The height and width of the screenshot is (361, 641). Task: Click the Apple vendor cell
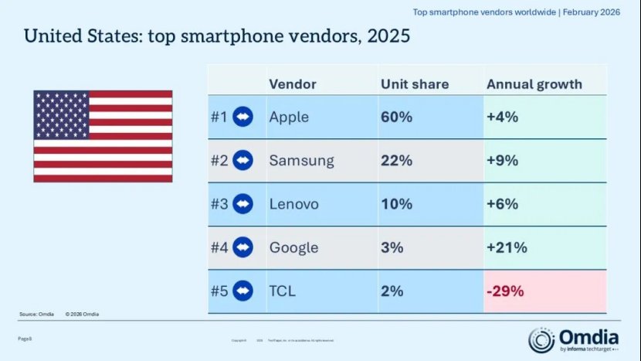tap(289, 117)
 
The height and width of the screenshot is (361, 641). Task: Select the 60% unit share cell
tap(395, 117)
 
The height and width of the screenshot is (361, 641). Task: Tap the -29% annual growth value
tap(506, 291)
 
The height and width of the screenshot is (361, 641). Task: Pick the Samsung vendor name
tap(301, 161)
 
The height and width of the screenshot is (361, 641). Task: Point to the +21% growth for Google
tap(507, 247)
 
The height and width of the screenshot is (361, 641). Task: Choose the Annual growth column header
tap(534, 83)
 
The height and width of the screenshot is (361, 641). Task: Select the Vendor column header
tap(293, 83)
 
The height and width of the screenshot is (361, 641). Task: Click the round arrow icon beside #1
tap(243, 117)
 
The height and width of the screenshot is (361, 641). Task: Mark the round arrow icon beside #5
tap(243, 291)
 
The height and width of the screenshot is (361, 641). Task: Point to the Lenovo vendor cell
tap(293, 204)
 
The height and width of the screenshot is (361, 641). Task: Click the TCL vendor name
tap(283, 291)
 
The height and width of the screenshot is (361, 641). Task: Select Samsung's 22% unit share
tap(395, 161)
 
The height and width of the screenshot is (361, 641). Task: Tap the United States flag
tap(103, 136)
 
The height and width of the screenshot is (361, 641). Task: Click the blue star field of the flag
tap(61, 114)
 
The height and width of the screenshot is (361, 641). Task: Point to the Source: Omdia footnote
tap(37, 314)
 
